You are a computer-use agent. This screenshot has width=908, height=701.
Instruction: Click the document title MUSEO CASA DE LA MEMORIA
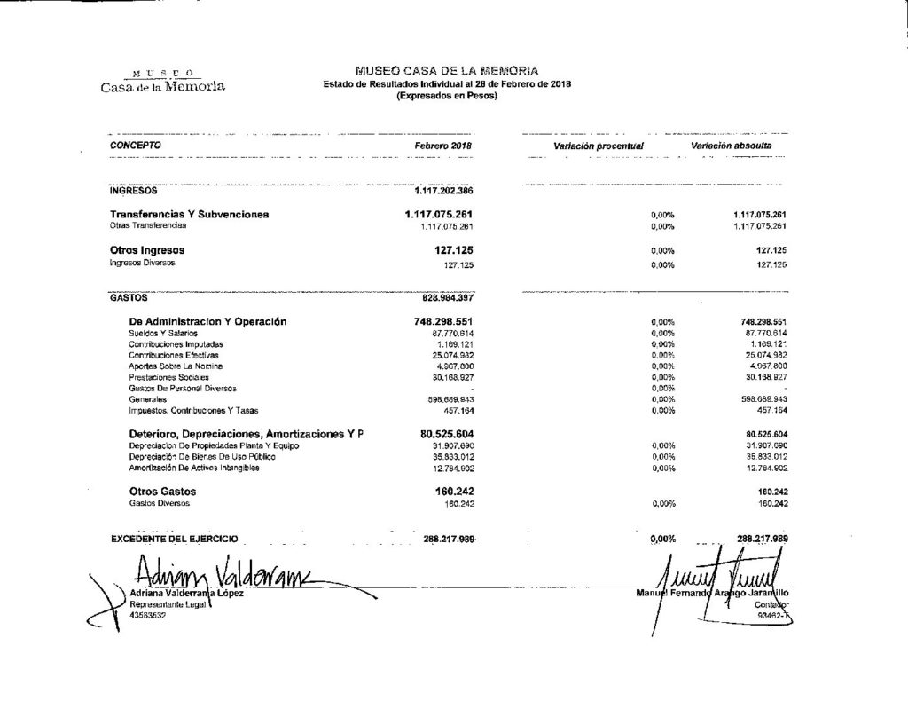coord(446,71)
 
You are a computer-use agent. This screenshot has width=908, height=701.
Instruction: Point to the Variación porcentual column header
coord(598,145)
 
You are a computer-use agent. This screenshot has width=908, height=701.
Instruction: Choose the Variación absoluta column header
coord(732,145)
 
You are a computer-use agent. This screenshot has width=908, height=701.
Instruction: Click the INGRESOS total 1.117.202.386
coord(444,191)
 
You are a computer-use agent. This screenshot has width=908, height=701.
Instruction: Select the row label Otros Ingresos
coord(146,250)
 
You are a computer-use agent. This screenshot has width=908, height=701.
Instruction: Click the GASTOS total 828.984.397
coord(443,298)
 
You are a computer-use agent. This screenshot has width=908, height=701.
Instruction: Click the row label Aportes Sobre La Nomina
coord(176,366)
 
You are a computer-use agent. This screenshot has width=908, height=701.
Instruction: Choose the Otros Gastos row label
coord(162,492)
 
